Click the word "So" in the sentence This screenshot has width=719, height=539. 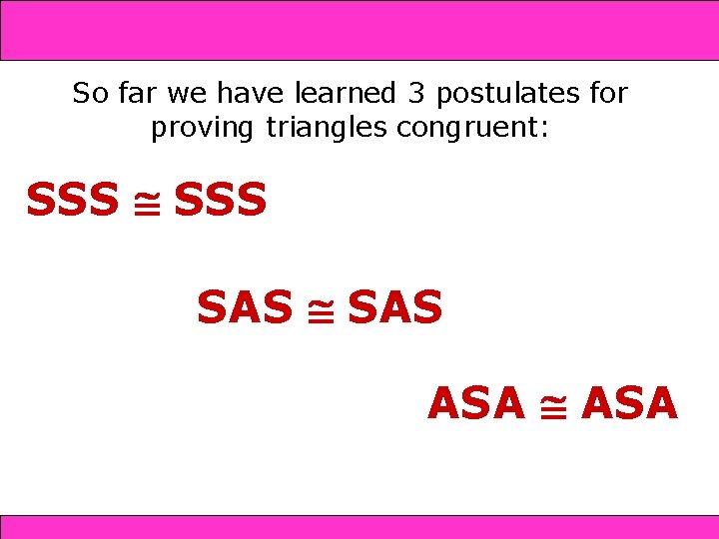[x=88, y=94]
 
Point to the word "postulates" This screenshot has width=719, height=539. [x=507, y=95]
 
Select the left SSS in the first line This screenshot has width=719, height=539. [x=72, y=201]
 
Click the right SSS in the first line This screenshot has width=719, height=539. [x=220, y=201]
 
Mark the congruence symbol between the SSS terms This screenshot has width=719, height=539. [x=146, y=203]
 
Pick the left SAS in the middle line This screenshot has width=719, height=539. [x=245, y=307]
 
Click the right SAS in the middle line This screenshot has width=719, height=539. [x=394, y=307]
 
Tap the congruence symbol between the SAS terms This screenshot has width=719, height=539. [x=320, y=309]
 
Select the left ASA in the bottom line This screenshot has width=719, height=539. [x=476, y=403]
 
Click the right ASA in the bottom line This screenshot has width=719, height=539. [x=629, y=403]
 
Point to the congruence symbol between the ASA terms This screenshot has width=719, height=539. [x=552, y=405]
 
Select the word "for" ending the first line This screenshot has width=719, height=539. [x=607, y=94]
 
